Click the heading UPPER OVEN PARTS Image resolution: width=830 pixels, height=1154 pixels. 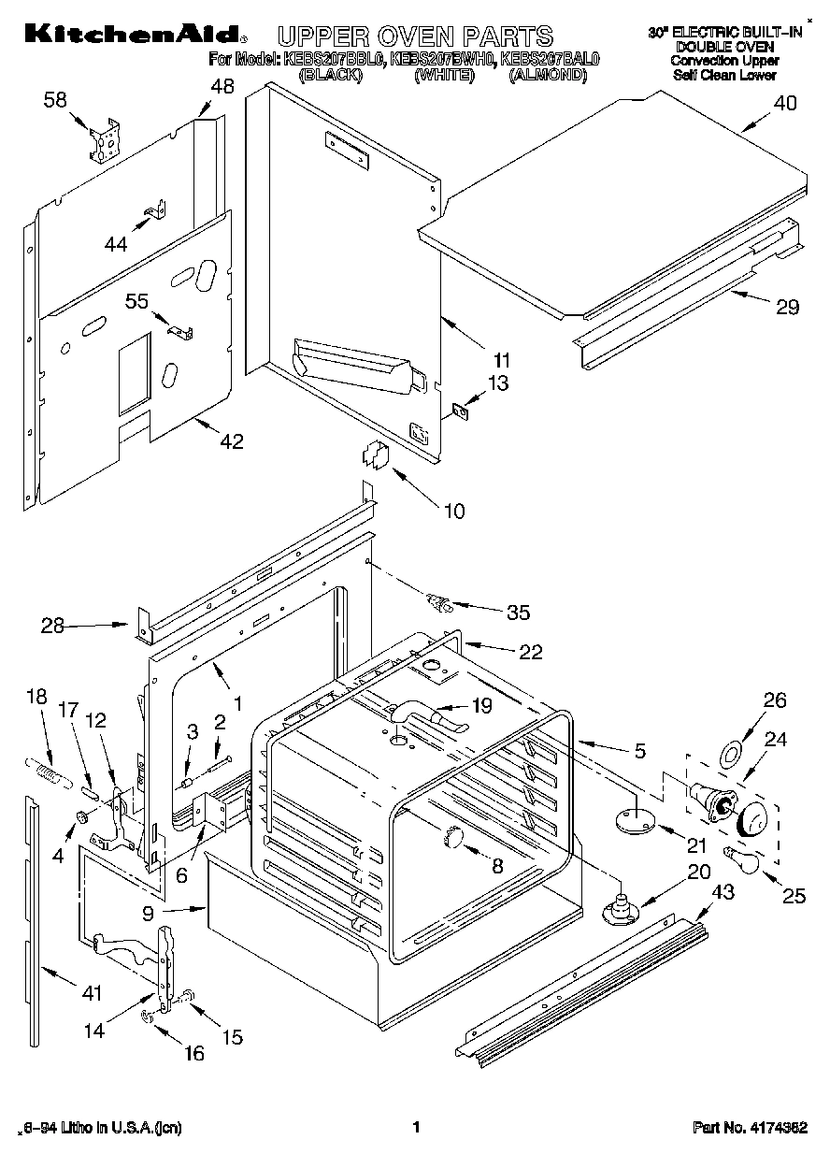click(415, 36)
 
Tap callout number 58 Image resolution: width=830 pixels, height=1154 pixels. click(57, 99)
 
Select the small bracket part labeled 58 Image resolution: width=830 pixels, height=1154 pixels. click(107, 138)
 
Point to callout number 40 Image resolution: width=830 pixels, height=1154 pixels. click(784, 105)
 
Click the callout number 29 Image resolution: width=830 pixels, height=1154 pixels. click(787, 306)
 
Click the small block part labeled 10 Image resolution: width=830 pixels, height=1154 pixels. click(375, 454)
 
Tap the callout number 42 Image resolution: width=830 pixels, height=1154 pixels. click(231, 441)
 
